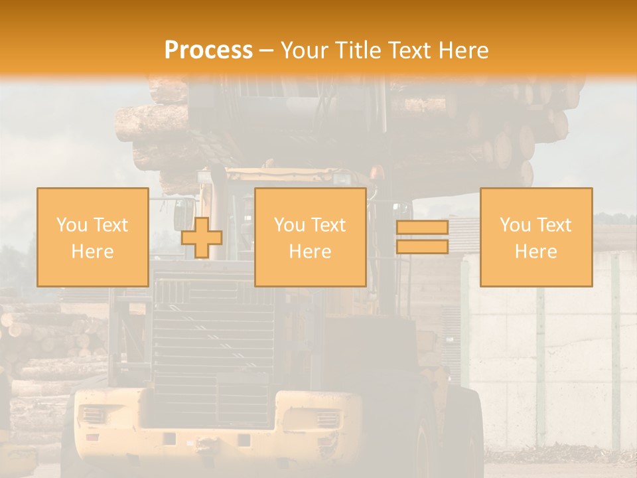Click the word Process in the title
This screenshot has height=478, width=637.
click(208, 50)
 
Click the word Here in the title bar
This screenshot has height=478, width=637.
click(465, 50)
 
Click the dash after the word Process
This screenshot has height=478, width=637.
click(267, 51)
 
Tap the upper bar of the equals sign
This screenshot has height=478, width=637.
click(422, 227)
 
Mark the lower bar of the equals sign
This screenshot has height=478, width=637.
click(422, 246)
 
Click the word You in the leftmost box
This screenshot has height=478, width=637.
click(72, 225)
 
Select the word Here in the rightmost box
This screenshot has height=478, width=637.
click(535, 252)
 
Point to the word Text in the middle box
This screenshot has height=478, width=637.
click(328, 225)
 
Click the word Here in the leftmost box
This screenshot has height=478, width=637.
click(92, 252)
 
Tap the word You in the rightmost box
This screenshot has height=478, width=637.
click(516, 225)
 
